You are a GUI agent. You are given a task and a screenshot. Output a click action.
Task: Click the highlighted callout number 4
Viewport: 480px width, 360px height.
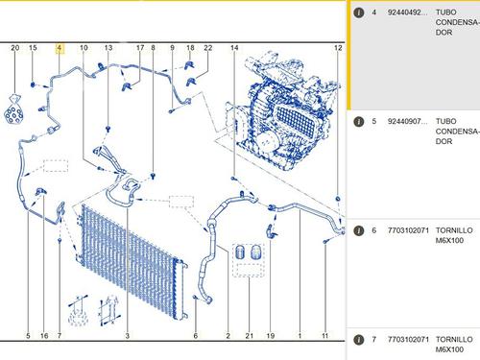[x=60, y=48]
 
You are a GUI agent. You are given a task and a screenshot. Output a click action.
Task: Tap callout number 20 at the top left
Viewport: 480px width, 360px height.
[x=15, y=48]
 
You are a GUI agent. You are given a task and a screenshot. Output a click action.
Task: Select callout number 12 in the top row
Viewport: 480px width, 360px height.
[x=338, y=48]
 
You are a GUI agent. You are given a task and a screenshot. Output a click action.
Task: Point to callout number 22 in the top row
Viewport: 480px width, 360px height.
[x=208, y=48]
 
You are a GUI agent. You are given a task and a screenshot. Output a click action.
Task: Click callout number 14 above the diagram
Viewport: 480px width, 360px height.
[x=234, y=48]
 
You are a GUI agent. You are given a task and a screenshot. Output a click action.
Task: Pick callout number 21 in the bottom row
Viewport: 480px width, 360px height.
[x=250, y=336]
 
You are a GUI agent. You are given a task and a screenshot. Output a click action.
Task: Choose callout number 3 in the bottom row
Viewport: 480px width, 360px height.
[x=128, y=336]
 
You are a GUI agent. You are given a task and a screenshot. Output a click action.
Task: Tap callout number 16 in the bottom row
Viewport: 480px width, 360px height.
[x=44, y=336]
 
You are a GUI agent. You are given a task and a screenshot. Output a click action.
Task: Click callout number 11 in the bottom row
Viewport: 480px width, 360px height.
[x=324, y=336]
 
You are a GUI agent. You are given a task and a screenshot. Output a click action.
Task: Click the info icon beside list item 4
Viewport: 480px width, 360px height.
[x=359, y=12]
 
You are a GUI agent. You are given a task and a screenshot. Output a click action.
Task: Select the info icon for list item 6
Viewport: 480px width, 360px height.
[x=359, y=230]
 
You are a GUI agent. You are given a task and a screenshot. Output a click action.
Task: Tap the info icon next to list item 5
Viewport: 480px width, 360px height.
[x=359, y=122]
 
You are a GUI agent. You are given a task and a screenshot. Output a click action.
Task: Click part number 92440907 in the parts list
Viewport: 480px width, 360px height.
[x=407, y=122]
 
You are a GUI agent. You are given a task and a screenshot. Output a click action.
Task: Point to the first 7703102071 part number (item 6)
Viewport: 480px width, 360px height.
[x=408, y=230]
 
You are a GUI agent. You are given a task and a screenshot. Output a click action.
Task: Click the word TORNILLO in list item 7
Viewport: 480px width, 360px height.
[x=454, y=339]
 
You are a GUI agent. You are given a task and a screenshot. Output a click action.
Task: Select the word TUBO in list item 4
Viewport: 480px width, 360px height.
[x=445, y=12]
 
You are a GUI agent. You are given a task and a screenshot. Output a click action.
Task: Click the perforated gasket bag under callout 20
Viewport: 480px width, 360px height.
[x=13, y=109]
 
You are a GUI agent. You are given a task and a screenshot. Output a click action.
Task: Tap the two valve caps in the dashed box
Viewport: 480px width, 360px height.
[x=249, y=252]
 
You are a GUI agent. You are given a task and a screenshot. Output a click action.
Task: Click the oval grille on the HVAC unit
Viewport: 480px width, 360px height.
[x=296, y=122]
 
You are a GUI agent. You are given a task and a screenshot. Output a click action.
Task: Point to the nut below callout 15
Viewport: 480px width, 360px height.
[x=33, y=84]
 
